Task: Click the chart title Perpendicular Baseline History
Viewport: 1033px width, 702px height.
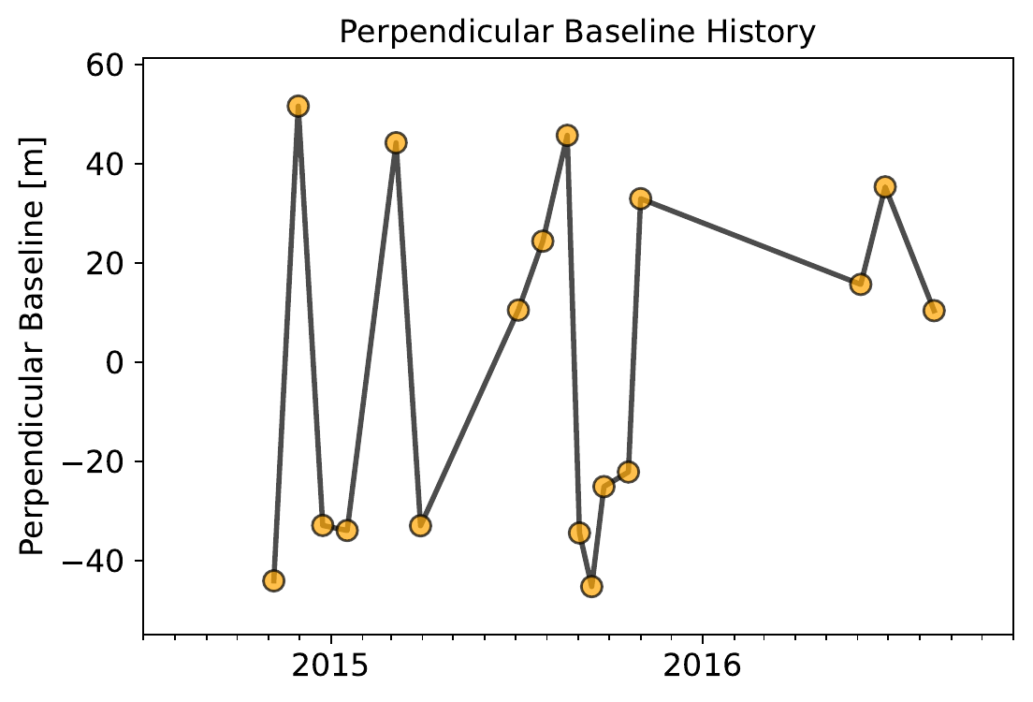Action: coord(577,32)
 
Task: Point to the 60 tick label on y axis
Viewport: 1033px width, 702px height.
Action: coord(111,66)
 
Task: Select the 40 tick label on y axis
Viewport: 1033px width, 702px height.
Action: coord(111,165)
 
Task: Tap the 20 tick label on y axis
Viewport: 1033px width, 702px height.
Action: coord(111,264)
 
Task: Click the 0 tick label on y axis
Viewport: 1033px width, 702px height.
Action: coord(119,363)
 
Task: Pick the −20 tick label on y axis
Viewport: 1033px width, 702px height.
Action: coord(103,462)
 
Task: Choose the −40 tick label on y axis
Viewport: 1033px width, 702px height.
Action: coord(103,562)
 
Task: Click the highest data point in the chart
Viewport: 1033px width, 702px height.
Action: coord(298,106)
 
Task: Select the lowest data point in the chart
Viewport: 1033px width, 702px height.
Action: coord(591,587)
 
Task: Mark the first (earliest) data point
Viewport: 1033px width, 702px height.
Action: coord(273,580)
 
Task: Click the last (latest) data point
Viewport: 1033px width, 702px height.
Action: coord(934,311)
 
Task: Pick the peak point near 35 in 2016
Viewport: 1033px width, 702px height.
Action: coord(885,187)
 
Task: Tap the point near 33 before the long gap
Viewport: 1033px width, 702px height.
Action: coord(640,198)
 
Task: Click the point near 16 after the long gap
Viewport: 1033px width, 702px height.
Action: coord(861,284)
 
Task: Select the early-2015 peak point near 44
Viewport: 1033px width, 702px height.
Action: coord(396,143)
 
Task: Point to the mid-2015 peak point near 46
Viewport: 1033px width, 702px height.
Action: coord(567,136)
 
